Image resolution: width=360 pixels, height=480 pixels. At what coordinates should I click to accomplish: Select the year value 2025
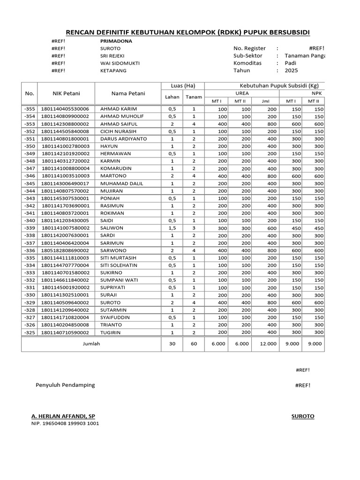click(x=291, y=71)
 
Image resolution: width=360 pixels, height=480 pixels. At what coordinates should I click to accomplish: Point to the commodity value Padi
click(x=291, y=63)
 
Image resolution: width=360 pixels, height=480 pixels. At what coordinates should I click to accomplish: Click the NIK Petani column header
click(x=66, y=93)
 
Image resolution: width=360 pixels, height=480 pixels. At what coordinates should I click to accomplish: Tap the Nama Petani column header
click(x=128, y=93)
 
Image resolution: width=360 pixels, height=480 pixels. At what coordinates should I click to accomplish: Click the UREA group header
click(x=242, y=93)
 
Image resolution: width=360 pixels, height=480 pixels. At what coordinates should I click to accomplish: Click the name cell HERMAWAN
click(x=116, y=153)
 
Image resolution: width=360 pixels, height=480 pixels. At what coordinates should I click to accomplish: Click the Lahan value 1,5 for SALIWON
click(x=172, y=228)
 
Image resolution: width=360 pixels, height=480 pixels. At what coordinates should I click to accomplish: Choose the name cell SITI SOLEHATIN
click(x=120, y=265)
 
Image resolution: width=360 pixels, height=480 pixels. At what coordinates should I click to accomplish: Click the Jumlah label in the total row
click(x=91, y=344)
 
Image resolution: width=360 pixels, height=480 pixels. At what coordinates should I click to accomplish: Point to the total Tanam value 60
click(x=194, y=344)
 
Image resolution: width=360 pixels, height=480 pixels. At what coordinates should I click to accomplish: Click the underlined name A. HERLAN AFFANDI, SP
click(x=66, y=416)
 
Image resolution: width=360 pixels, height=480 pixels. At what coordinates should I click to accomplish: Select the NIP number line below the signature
click(x=65, y=424)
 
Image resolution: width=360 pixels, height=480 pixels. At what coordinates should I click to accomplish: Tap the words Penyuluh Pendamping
click(x=65, y=385)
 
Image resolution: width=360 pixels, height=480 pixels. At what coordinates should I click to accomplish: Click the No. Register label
click(x=249, y=48)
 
